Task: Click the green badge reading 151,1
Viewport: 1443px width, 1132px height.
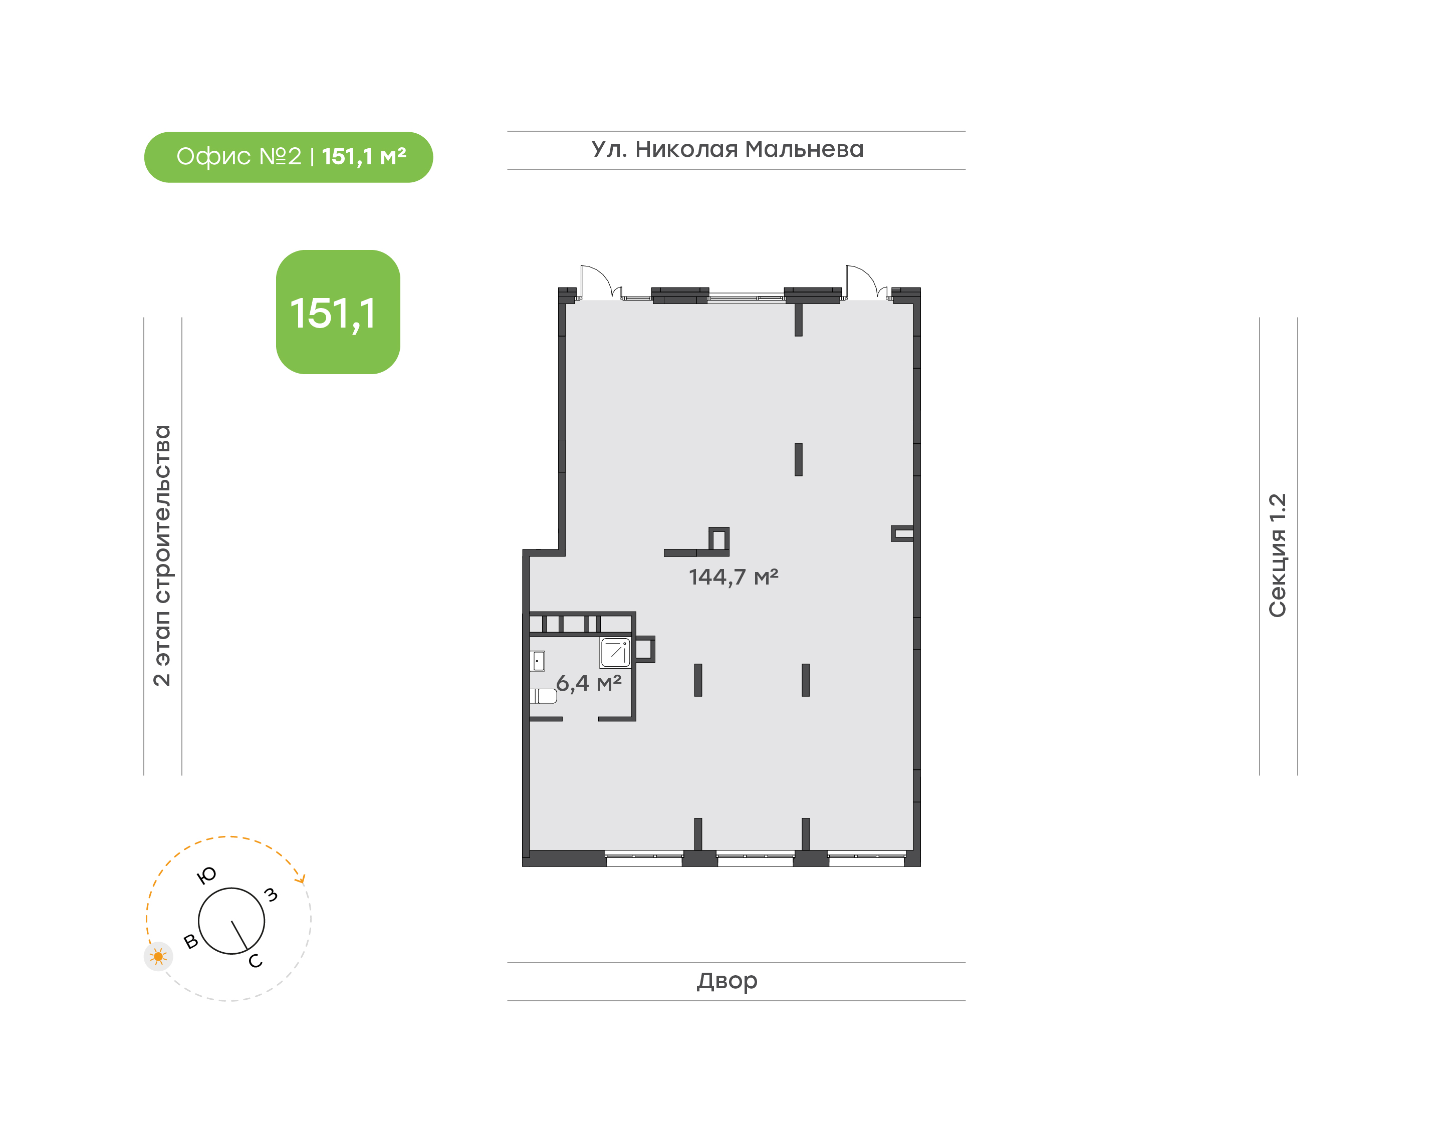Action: click(338, 312)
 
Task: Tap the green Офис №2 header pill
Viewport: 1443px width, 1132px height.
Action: click(288, 157)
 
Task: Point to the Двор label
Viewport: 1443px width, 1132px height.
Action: click(727, 981)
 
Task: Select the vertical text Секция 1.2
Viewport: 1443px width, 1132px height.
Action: click(1277, 555)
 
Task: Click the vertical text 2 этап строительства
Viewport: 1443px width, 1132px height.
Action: click(162, 555)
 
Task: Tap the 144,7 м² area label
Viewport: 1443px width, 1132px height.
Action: click(733, 577)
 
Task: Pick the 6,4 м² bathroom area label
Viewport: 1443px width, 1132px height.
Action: click(589, 683)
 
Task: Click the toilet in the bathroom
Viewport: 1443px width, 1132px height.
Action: click(543, 696)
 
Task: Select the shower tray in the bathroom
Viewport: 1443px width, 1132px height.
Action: click(615, 653)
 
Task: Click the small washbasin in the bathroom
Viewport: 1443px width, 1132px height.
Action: click(538, 661)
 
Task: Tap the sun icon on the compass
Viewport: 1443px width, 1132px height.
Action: click(158, 956)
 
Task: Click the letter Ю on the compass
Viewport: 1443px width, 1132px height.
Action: click(207, 876)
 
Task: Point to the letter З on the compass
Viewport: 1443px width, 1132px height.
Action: click(271, 895)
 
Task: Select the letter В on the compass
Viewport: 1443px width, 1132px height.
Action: click(191, 941)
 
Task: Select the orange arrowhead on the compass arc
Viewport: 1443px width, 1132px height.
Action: click(302, 880)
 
